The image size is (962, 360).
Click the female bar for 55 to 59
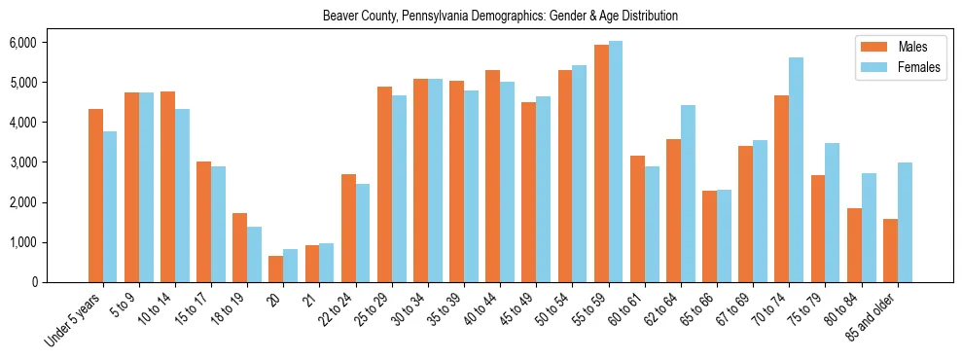[x=616, y=162]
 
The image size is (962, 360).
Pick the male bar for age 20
[x=275, y=270]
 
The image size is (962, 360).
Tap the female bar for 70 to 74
[x=797, y=170]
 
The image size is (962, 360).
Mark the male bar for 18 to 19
[x=239, y=248]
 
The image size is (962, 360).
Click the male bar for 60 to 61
[x=637, y=219]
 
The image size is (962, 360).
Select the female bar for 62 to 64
[x=688, y=194]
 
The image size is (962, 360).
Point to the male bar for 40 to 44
[x=492, y=176]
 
